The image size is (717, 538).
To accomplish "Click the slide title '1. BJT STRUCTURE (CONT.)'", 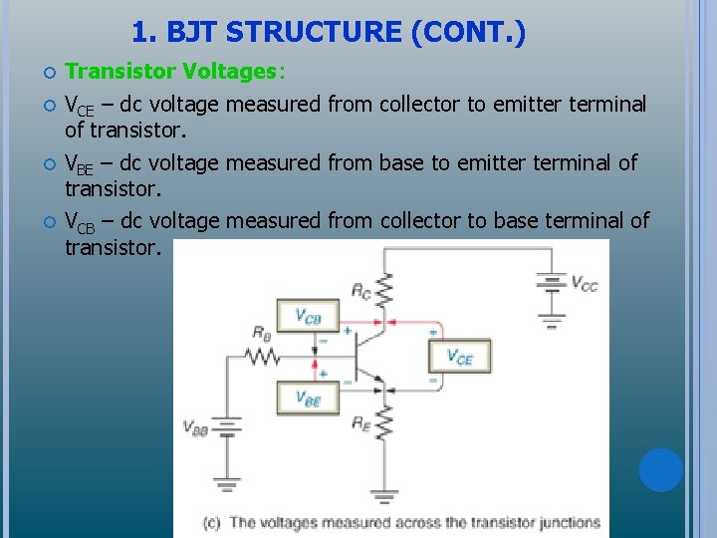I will tap(329, 33).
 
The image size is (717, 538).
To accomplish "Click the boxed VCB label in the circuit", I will tap(308, 318).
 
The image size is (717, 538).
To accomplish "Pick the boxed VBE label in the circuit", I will tap(308, 398).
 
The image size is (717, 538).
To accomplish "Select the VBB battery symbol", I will tap(227, 427).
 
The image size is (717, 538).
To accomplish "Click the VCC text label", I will tap(584, 284).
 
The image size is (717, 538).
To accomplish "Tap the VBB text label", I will tap(195, 427).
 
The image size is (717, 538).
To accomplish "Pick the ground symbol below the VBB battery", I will tap(227, 485).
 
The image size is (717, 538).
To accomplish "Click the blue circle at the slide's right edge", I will tap(661, 469).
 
